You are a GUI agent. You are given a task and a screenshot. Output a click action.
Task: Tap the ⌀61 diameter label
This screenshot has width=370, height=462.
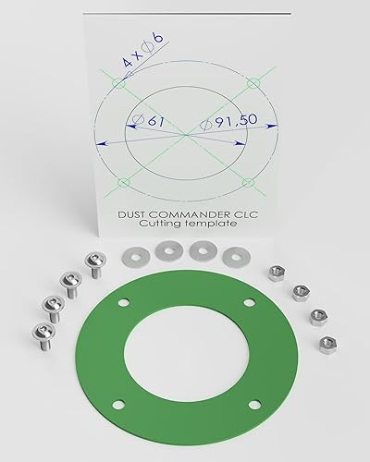(x=148, y=120)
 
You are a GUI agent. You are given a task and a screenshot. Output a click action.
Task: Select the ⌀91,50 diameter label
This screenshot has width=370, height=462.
(x=228, y=122)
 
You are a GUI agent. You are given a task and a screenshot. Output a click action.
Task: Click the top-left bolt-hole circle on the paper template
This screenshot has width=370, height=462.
(x=118, y=82)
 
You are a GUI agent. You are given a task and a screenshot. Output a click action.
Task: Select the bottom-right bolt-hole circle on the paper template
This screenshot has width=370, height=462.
(x=248, y=183)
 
